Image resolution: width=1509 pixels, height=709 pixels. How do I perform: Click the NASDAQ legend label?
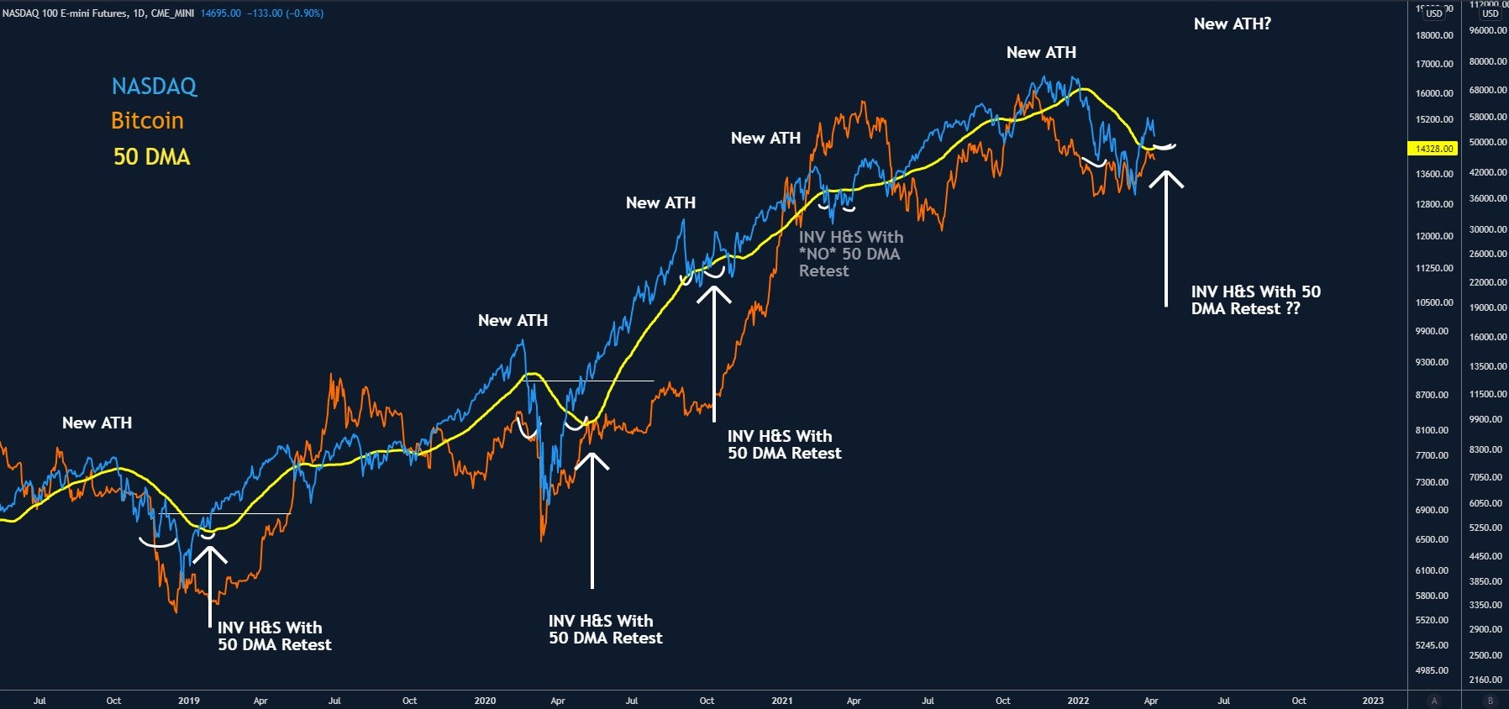point(154,86)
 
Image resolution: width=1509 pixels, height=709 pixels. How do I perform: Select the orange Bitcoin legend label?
point(147,121)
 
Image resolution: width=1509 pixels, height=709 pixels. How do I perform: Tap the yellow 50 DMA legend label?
point(151,157)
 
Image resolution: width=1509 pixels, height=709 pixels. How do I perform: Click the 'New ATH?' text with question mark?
point(1232,24)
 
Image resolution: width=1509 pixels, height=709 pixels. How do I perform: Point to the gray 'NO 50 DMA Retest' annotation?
point(849,254)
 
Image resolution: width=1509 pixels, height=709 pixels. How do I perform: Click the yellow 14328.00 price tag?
point(1433,149)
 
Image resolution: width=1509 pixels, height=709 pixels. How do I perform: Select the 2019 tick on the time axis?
point(189,701)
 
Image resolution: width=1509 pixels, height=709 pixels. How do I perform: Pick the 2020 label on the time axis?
point(485,701)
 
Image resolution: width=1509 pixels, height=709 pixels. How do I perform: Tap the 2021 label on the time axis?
point(781,701)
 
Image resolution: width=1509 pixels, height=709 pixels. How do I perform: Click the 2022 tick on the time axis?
point(1078,701)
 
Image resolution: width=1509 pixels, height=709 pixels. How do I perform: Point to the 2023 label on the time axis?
point(1373,701)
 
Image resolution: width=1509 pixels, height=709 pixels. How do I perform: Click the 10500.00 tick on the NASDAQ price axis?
point(1434,302)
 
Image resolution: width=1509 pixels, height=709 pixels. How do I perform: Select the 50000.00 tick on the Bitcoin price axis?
point(1487,143)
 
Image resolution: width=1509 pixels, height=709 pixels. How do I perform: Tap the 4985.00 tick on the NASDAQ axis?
point(1432,670)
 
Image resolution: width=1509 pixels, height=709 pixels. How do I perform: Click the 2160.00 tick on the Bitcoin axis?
point(1486,680)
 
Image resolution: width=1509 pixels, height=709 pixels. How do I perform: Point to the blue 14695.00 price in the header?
point(221,13)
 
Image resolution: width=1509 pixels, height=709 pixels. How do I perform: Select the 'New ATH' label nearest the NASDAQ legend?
point(97,423)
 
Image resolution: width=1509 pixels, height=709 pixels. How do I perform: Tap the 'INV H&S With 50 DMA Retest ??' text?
point(1255,300)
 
